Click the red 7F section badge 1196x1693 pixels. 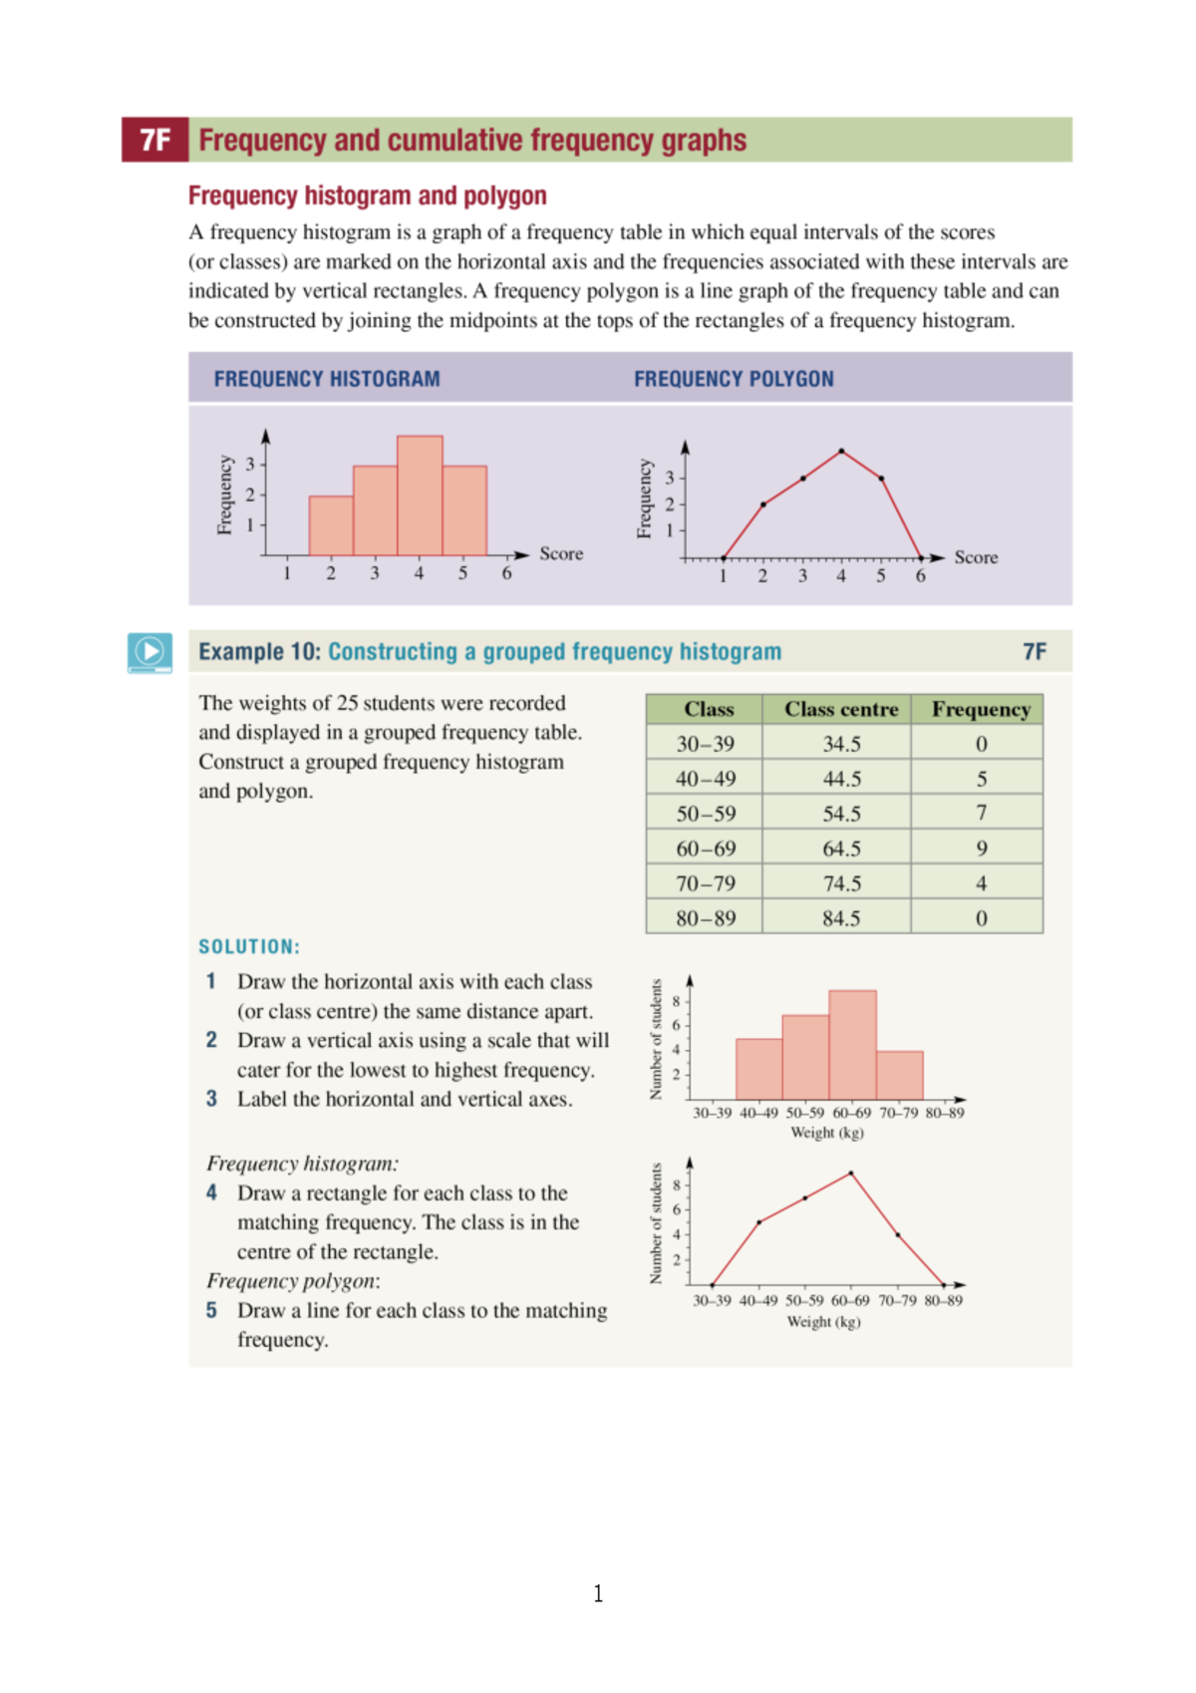(154, 140)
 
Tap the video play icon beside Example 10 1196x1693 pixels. (149, 652)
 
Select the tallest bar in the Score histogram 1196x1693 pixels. (420, 496)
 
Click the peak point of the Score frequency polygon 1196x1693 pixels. (842, 452)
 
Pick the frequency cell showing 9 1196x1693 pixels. (981, 848)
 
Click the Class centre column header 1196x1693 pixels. (840, 709)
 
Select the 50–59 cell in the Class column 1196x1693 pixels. (706, 814)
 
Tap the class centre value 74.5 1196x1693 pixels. (841, 883)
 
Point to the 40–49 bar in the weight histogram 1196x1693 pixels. (758, 1069)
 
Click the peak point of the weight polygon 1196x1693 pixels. (850, 1174)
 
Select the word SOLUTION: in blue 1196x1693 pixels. (249, 946)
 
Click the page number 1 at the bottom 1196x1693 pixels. (598, 1593)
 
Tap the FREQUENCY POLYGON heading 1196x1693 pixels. (734, 379)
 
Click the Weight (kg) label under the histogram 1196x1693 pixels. (826, 1133)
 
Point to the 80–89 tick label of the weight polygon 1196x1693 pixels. (943, 1300)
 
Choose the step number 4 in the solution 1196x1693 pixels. (211, 1192)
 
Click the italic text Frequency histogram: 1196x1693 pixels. (302, 1164)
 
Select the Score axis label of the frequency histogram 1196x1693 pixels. (561, 553)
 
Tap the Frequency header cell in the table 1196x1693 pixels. (981, 709)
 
